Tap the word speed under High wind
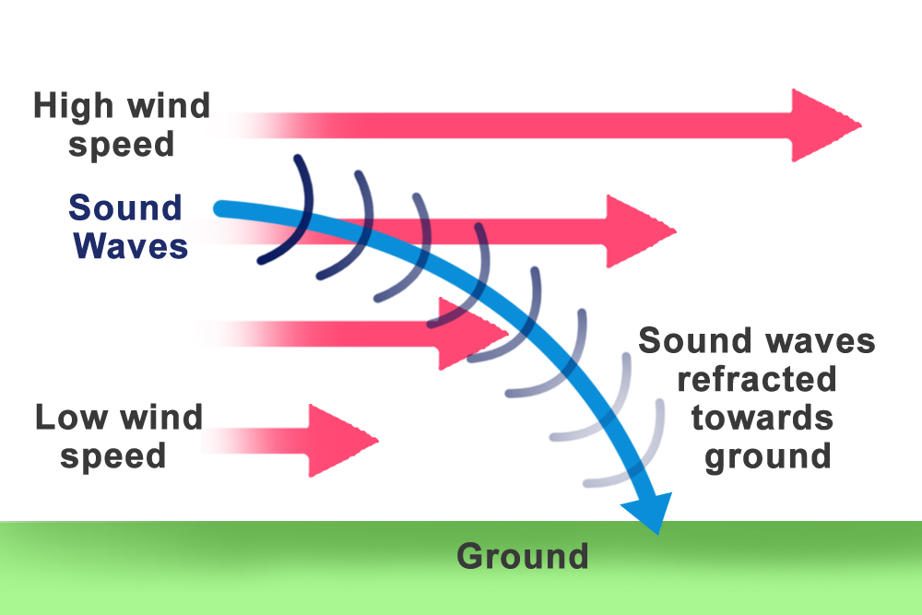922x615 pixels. pos(121,145)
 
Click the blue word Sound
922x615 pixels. pos(125,207)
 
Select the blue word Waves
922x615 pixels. pos(130,246)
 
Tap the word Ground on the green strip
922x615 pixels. pos(522,556)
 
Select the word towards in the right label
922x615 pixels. pos(762,418)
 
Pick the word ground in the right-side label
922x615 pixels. pos(767,456)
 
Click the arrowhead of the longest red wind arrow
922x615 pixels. pos(823,125)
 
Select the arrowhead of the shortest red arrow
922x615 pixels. pos(341,440)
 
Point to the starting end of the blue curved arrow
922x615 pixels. pos(221,209)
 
